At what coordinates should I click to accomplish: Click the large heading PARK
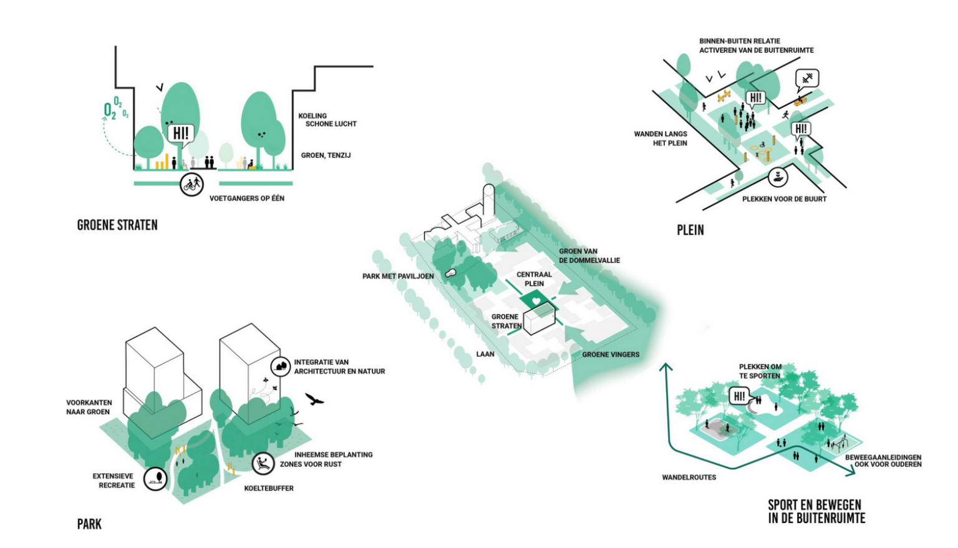tap(89, 524)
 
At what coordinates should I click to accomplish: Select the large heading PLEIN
tap(690, 230)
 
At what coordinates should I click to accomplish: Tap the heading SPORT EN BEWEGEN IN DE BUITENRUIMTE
tap(816, 511)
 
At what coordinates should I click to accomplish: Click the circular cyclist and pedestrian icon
tap(192, 184)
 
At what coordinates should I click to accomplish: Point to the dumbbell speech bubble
tap(807, 79)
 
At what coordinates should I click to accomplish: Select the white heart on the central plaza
tap(535, 302)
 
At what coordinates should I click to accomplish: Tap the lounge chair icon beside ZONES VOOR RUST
tap(263, 464)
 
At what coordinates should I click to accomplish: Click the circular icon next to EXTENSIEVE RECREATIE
tap(156, 479)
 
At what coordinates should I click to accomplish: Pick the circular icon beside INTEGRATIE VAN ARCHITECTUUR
tap(281, 366)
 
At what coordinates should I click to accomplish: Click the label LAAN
tap(485, 354)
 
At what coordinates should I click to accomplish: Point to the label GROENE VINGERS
tap(611, 355)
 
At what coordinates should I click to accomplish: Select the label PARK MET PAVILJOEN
tap(398, 276)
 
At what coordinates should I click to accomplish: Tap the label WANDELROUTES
tap(689, 477)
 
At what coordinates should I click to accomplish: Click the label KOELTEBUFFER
tap(269, 488)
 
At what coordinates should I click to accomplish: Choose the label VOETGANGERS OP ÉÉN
tap(246, 198)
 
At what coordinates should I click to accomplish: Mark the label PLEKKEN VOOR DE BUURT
tap(784, 199)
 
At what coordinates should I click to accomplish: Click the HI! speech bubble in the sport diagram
tap(739, 396)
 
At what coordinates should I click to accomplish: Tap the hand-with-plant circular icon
tap(777, 177)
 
